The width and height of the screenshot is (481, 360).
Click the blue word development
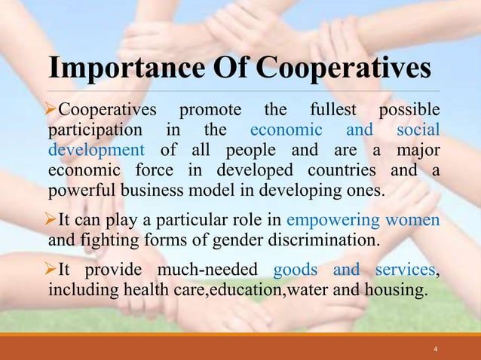[x=96, y=148]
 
